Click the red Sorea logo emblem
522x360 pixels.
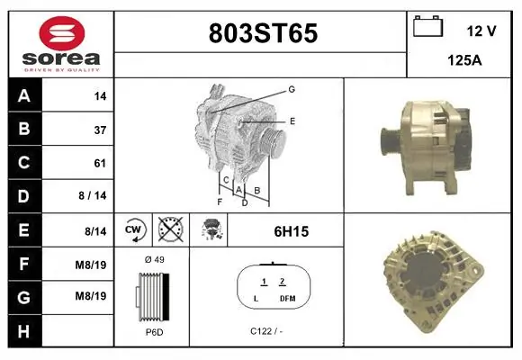coord(62,33)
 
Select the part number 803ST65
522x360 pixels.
coord(263,33)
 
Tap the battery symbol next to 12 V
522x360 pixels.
coord(428,26)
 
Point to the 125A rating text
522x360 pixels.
coord(464,60)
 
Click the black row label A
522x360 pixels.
coord(24,96)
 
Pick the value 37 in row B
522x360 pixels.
coord(100,130)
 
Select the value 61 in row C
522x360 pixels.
coord(100,164)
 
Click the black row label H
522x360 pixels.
coord(23,331)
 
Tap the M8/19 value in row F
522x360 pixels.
coord(91,265)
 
